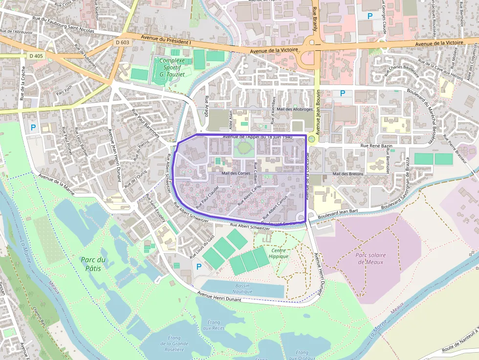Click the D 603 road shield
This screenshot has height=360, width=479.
(123, 42)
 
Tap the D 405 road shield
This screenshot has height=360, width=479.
(36, 56)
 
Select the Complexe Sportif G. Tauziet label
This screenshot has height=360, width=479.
(172, 67)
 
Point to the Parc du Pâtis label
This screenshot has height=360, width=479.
(94, 264)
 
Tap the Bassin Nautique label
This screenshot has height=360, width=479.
(242, 289)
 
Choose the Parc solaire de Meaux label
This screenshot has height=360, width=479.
(370, 258)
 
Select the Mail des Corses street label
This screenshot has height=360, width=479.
(236, 173)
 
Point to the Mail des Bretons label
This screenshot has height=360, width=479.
(348, 174)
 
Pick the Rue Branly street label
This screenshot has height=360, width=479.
(315, 20)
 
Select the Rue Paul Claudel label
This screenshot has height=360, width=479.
(206, 195)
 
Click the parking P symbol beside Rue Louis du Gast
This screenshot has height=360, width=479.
(198, 267)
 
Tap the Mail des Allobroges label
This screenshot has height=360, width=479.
(294, 109)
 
